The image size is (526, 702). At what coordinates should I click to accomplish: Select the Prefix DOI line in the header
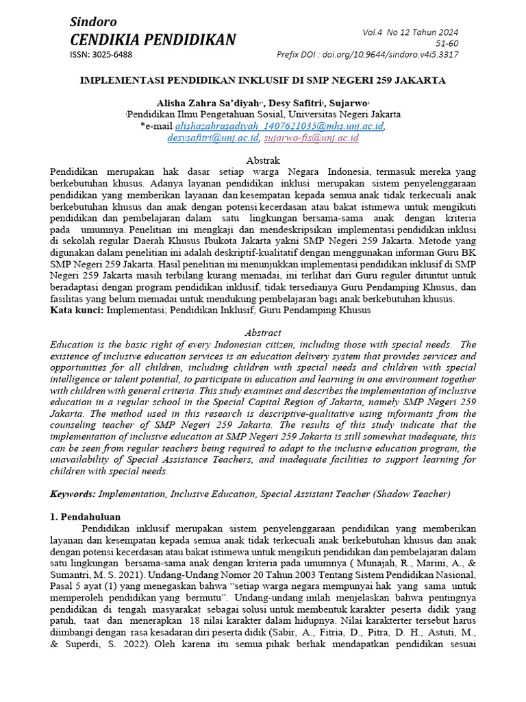click(367, 55)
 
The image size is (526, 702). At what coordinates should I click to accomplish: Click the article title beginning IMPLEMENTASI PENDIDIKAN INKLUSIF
click(263, 80)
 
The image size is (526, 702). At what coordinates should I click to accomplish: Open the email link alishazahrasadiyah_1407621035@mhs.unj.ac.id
click(279, 126)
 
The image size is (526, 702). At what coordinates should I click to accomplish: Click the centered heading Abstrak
click(263, 160)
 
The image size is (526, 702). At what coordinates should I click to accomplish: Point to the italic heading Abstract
click(263, 332)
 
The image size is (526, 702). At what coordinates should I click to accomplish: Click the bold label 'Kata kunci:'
click(76, 311)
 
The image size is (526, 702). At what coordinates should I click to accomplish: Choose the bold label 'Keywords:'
click(73, 494)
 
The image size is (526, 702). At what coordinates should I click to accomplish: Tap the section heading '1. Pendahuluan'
click(86, 516)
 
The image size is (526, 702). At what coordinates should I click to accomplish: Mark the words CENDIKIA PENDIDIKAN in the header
click(153, 40)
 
